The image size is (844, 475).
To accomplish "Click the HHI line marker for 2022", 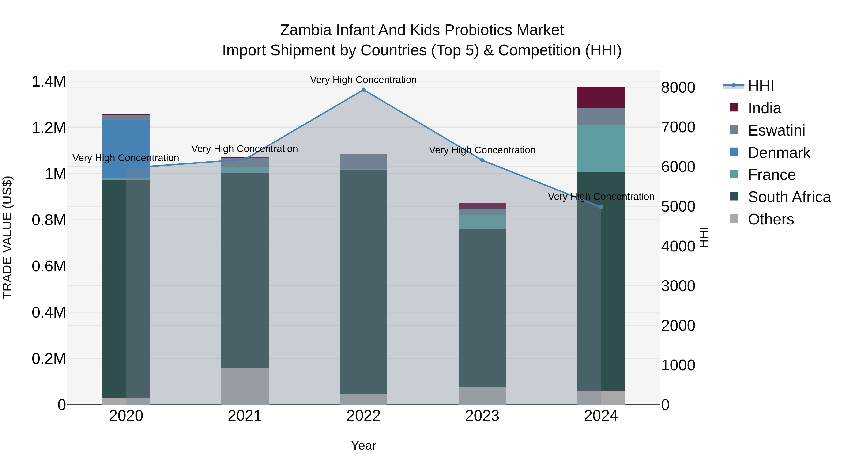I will coord(363,90).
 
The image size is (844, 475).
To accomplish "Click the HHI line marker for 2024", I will coord(601,207).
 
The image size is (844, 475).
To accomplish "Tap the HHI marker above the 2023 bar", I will coord(482,160).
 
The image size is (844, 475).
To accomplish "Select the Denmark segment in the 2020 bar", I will coord(126,148).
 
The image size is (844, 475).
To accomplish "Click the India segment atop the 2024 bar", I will coord(601,98).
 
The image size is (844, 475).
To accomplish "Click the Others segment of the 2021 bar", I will coord(245,386).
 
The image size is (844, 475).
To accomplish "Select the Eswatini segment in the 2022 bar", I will coord(363,161).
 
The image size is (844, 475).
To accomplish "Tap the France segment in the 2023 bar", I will coord(482,222).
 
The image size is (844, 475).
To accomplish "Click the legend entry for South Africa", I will coord(789,197).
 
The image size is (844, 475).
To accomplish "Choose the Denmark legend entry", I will coord(779,153).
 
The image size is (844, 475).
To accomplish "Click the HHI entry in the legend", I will coord(761,86).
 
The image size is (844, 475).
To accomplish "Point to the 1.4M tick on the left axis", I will coord(49,81).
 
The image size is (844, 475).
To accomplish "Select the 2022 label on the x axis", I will coord(363,416).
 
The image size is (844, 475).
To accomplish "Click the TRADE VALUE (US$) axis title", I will coord(7,237).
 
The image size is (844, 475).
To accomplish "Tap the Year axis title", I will coord(363,445).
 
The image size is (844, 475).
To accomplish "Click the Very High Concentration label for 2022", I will coord(363,80).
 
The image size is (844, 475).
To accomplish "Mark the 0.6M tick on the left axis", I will coord(49,266).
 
